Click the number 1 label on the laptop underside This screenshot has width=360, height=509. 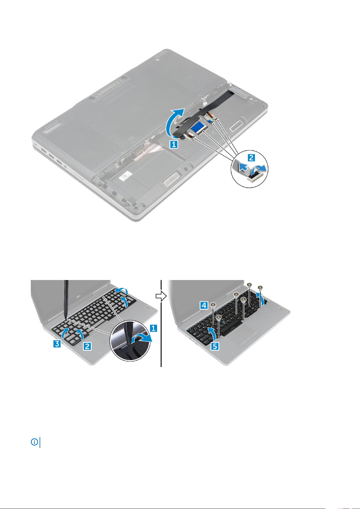(174, 144)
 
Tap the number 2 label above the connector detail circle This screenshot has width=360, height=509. (251, 157)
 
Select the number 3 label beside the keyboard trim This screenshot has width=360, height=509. (57, 343)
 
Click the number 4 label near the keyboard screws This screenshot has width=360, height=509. (204, 305)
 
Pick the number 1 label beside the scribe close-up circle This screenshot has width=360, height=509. (153, 328)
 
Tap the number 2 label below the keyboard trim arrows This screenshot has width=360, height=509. (88, 346)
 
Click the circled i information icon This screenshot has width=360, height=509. (34, 442)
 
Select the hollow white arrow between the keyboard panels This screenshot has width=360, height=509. (161, 296)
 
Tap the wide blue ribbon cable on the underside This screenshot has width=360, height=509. (199, 129)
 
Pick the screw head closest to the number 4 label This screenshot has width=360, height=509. (213, 305)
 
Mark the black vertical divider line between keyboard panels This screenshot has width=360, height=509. (161, 323)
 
